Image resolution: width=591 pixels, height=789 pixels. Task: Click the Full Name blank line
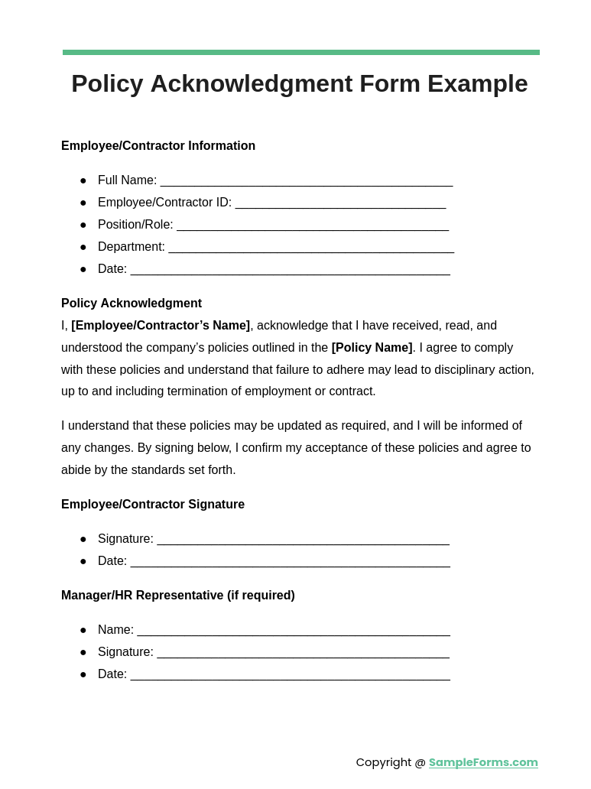pyautogui.click(x=306, y=182)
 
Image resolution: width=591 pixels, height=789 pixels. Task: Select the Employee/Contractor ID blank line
pyautogui.click(x=340, y=204)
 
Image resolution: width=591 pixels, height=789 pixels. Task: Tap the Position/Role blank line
pyautogui.click(x=312, y=226)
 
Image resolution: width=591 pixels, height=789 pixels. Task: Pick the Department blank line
pyautogui.click(x=311, y=248)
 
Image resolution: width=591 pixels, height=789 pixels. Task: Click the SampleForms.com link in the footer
pyautogui.click(x=483, y=762)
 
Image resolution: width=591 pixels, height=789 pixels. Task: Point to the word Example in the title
pyautogui.click(x=477, y=83)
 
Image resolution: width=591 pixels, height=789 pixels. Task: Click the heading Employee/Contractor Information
pyautogui.click(x=158, y=146)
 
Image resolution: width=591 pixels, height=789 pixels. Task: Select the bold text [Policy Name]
pyautogui.click(x=372, y=348)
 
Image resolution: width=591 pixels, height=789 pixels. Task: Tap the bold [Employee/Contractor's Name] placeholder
pyautogui.click(x=161, y=326)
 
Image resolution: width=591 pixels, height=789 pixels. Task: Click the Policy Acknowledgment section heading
pyautogui.click(x=132, y=304)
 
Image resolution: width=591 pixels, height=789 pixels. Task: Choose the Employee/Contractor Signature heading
pyautogui.click(x=153, y=505)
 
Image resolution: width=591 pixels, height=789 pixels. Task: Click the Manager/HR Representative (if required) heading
pyautogui.click(x=178, y=596)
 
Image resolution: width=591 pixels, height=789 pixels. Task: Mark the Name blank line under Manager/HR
pyautogui.click(x=294, y=632)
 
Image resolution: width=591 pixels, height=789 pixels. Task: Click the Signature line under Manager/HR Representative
pyautogui.click(x=303, y=654)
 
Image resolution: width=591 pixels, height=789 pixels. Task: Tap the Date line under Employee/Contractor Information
pyautogui.click(x=290, y=271)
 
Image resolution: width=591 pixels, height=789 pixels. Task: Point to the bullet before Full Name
pyautogui.click(x=83, y=181)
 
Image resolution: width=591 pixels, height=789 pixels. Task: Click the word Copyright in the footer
pyautogui.click(x=383, y=762)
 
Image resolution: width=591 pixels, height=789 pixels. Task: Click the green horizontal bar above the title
pyautogui.click(x=301, y=53)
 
